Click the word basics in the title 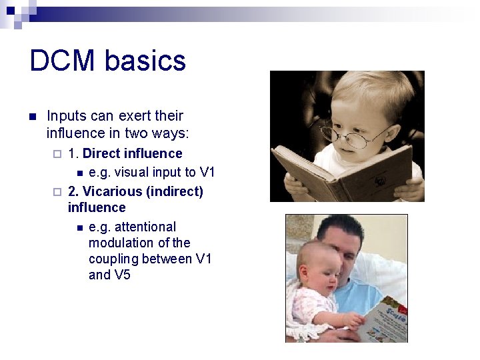[145, 61]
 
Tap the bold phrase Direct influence [132, 153]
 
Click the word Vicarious [113, 191]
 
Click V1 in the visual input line [207, 172]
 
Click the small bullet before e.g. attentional [79, 227]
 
